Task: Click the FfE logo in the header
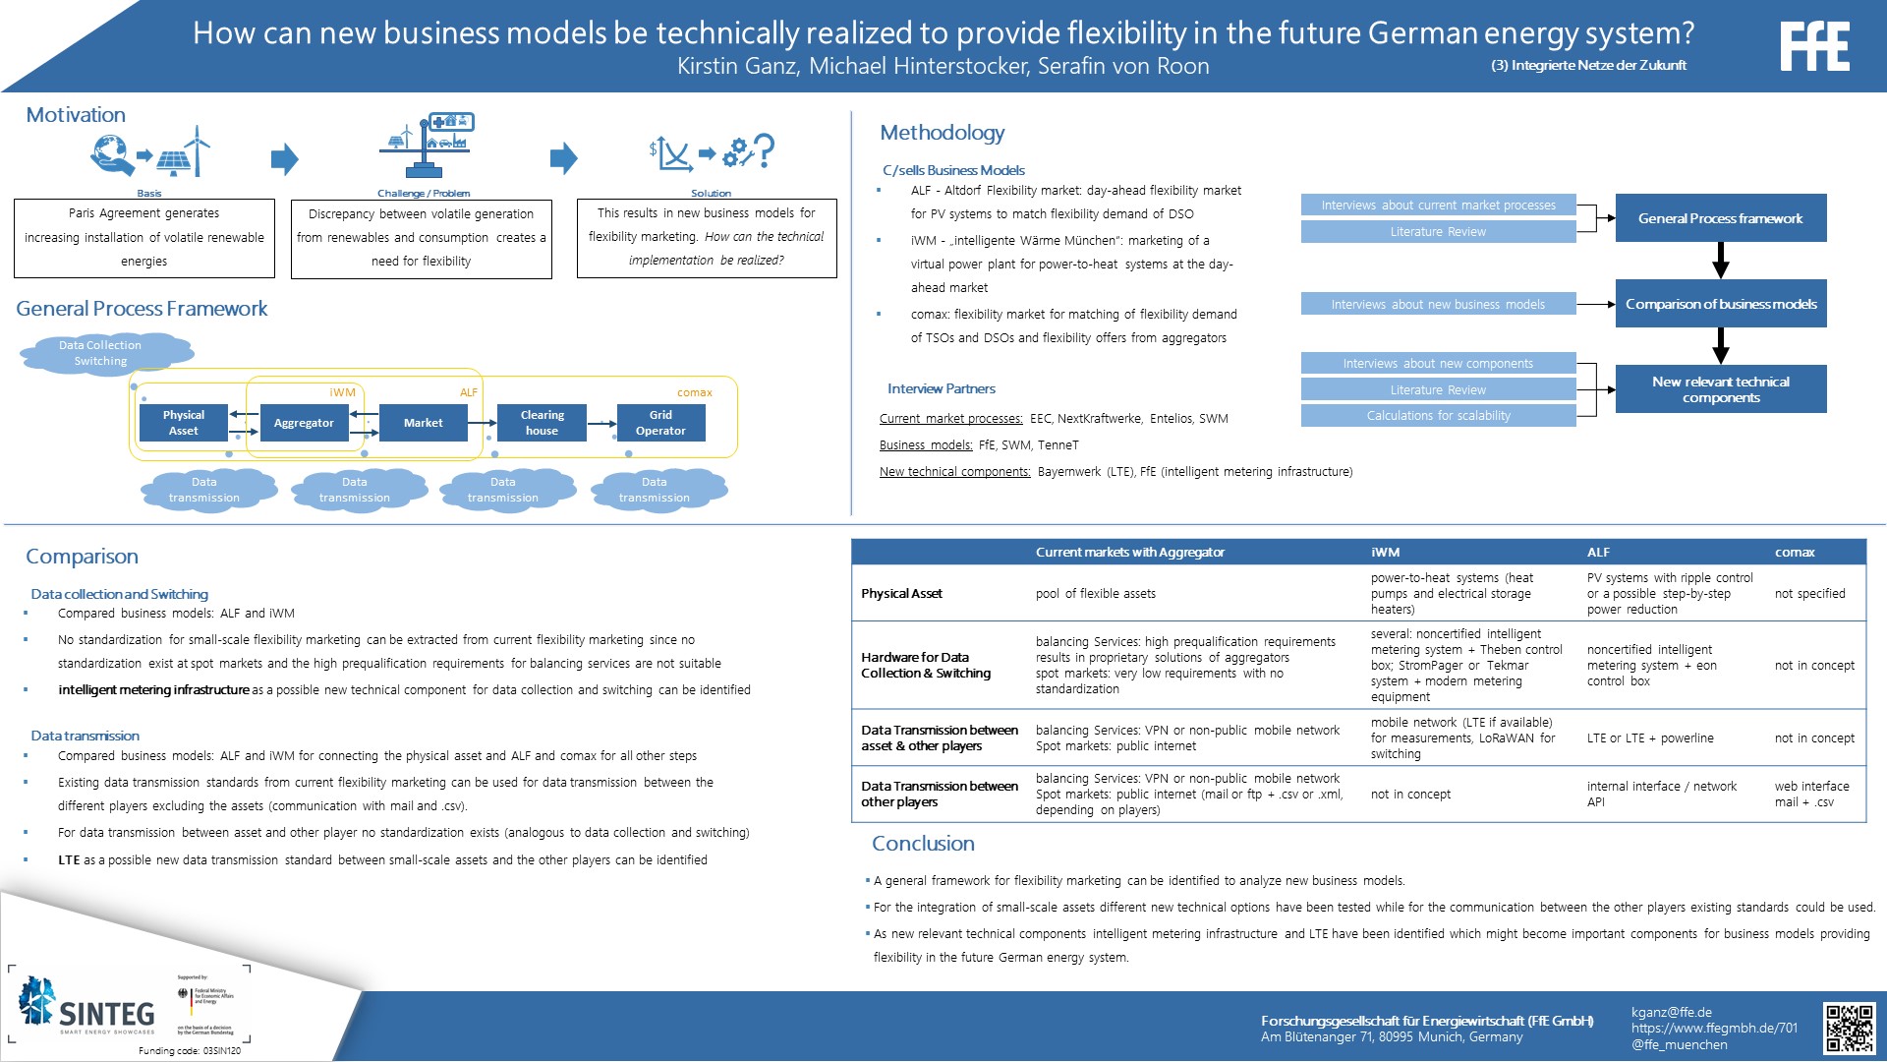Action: click(x=1814, y=46)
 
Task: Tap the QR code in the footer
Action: click(x=1850, y=1029)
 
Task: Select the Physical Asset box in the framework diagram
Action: click(x=184, y=423)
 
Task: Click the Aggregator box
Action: click(x=304, y=423)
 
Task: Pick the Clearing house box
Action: click(x=542, y=423)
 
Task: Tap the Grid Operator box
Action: click(x=660, y=423)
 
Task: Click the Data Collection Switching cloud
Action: click(x=100, y=353)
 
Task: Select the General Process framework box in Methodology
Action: click(x=1720, y=218)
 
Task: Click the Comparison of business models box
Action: click(x=1720, y=304)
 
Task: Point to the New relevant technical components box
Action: click(x=1720, y=389)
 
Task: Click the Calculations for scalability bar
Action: click(x=1438, y=416)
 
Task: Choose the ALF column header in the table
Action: click(x=1598, y=553)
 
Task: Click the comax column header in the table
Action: click(x=1795, y=553)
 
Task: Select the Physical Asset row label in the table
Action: click(x=901, y=594)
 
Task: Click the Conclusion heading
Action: click(x=923, y=844)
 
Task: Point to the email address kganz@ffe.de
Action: click(x=1672, y=1012)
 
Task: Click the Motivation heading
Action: click(x=76, y=115)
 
